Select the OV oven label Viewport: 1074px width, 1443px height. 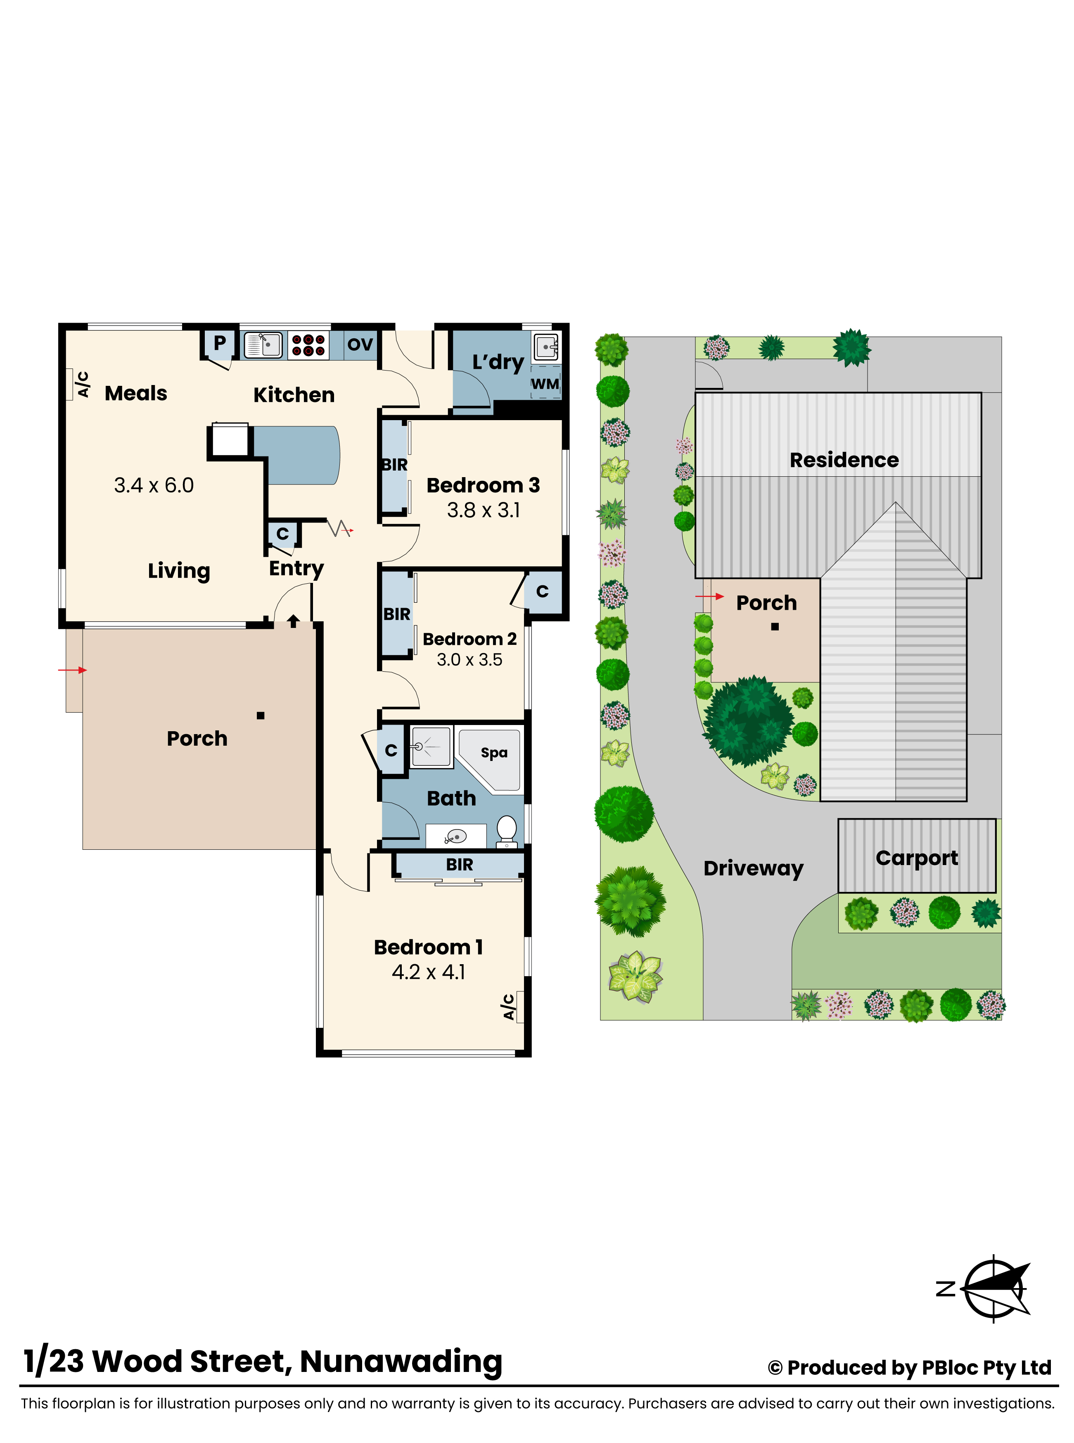pyautogui.click(x=360, y=344)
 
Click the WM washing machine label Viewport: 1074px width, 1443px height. pyautogui.click(x=544, y=384)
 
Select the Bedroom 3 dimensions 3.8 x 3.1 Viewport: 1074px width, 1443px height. pyautogui.click(x=483, y=511)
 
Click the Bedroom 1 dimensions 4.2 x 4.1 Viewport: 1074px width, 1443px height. pyautogui.click(x=429, y=972)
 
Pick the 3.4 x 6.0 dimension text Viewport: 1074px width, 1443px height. pyautogui.click(x=154, y=485)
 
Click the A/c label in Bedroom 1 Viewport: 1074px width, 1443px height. pyautogui.click(x=508, y=1007)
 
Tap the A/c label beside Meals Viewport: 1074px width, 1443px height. pyautogui.click(x=83, y=384)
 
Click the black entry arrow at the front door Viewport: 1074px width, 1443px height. pyautogui.click(x=293, y=621)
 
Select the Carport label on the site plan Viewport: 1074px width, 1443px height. pyautogui.click(x=917, y=858)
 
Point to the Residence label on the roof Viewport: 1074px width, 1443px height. pyautogui.click(x=844, y=460)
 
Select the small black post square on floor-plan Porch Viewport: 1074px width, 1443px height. pyautogui.click(x=261, y=716)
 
